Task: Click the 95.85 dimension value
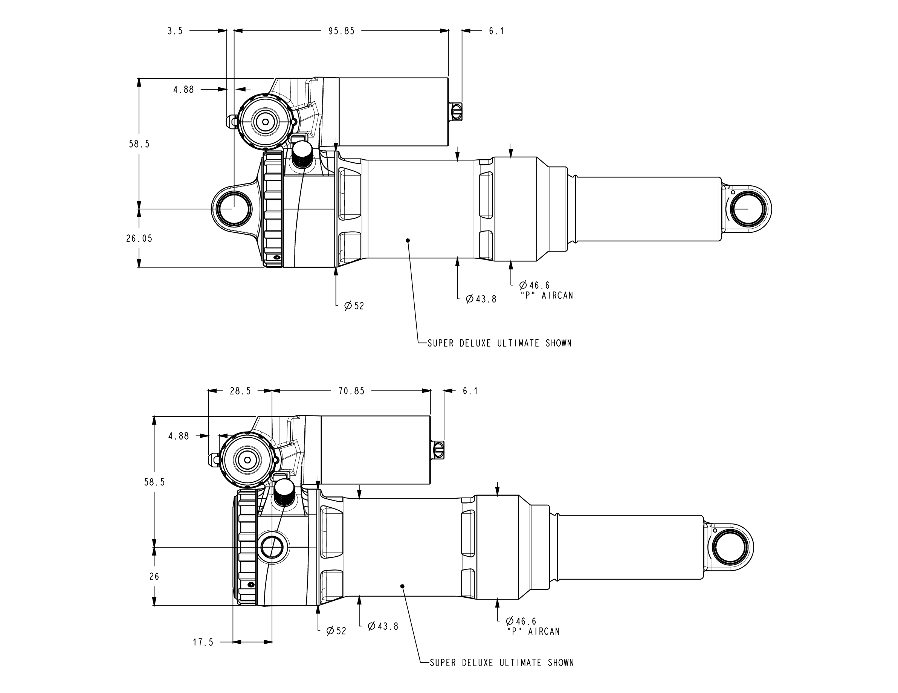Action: [x=341, y=31]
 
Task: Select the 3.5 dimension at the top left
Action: [x=175, y=31]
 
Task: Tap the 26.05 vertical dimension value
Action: [x=139, y=238]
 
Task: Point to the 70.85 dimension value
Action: [x=351, y=391]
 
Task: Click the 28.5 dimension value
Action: [x=240, y=391]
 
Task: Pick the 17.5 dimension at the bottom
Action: [x=203, y=642]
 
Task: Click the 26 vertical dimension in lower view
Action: [x=154, y=577]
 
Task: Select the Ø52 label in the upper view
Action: [x=354, y=306]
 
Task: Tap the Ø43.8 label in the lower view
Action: [x=383, y=626]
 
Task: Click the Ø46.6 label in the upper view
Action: [x=534, y=285]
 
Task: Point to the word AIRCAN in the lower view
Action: [x=544, y=631]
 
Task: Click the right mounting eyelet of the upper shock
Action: [x=747, y=209]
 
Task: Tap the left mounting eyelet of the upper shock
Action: [x=234, y=209]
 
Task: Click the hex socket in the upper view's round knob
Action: [x=266, y=122]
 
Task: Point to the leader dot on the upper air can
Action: [x=408, y=240]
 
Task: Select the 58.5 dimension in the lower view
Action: [x=154, y=482]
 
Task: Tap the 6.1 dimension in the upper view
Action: [x=496, y=31]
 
